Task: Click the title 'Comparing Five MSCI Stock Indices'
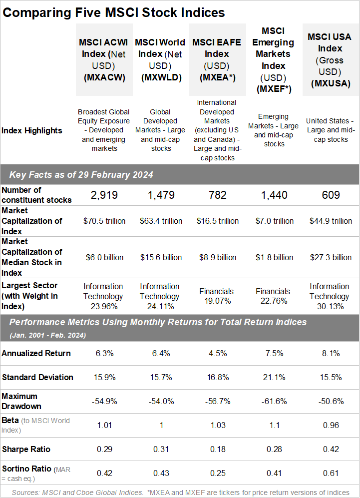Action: coord(114,12)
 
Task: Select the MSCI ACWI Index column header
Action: coord(104,60)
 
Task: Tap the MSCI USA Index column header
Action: coord(331,60)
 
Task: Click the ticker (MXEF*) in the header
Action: coord(274,89)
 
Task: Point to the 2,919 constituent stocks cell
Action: coord(104,195)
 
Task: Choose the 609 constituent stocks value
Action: coord(331,195)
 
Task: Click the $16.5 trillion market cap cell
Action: coord(218,221)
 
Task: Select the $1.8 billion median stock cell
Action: coord(274,257)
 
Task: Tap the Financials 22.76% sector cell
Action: coord(273,296)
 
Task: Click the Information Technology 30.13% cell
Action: coord(330,296)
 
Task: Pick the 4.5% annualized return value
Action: coord(218,353)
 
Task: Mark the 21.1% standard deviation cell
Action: coord(274,377)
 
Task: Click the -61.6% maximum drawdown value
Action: coord(274,401)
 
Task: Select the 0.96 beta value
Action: coord(331,425)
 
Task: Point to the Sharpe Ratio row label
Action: coord(26,449)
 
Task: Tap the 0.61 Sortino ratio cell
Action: coord(331,473)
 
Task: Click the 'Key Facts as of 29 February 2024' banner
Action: coord(81,175)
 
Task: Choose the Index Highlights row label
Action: coord(32,130)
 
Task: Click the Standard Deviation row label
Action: coord(37,377)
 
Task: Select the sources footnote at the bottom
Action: coord(180,493)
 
